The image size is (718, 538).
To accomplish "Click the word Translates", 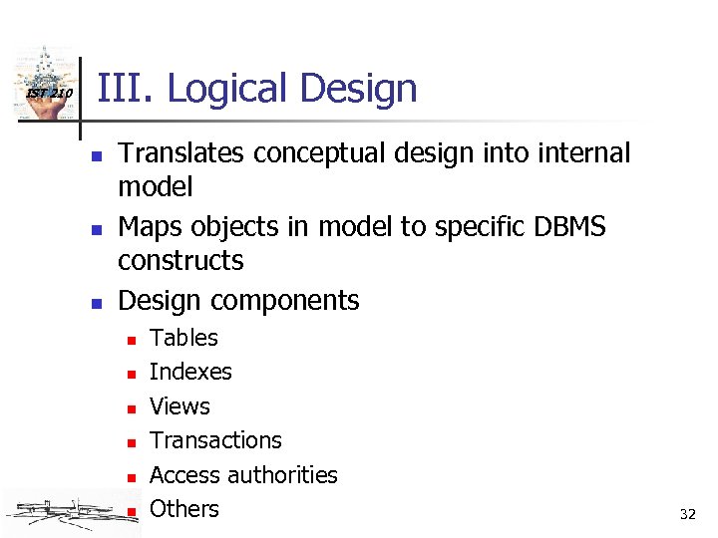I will point(182,153).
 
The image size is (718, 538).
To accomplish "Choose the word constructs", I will point(180,261).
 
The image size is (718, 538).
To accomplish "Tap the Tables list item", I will point(183,338).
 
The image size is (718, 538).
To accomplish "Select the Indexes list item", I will point(190,372).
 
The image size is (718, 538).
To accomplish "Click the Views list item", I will point(179,406).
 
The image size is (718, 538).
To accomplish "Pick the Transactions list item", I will point(215,440).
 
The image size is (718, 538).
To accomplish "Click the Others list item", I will point(183,509).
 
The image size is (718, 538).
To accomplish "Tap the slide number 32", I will point(687,515).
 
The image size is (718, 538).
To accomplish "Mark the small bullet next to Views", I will point(131,408).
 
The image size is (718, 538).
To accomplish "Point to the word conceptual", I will point(318,153).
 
